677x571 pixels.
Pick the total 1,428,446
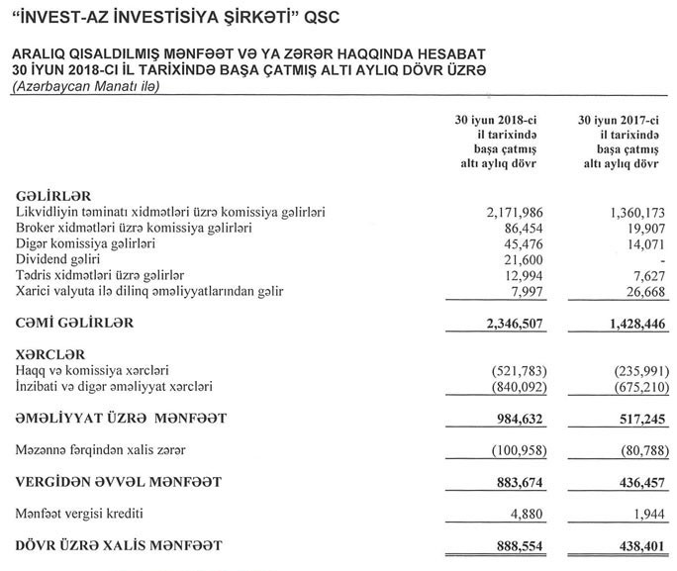pos(627,324)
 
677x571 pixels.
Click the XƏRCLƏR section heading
pos(51,353)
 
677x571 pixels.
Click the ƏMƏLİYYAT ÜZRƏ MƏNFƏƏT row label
pos(122,419)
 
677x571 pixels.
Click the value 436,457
pos(633,482)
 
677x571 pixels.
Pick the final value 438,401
pos(633,545)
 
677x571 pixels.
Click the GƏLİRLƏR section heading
pos(55,196)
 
